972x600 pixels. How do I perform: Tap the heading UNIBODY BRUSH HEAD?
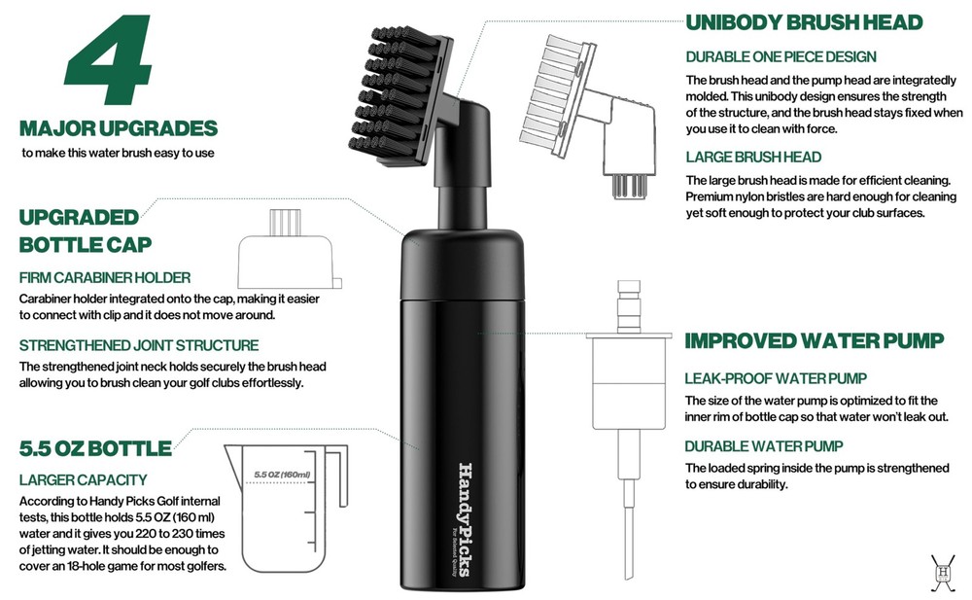pos(804,22)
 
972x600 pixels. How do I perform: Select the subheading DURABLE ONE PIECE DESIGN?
pos(781,57)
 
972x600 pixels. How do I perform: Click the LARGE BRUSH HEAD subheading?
pos(753,157)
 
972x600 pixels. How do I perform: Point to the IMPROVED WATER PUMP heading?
pos(814,340)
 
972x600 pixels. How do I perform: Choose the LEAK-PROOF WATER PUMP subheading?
pos(776,378)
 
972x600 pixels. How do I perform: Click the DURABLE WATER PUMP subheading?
pos(764,446)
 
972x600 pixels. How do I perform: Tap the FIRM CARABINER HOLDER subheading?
pos(105,277)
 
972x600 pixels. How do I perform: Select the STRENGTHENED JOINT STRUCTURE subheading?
pos(139,345)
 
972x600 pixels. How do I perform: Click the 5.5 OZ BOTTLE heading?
pos(95,448)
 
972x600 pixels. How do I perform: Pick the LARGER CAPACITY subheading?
pos(83,479)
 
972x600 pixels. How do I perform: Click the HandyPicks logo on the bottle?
pos(465,519)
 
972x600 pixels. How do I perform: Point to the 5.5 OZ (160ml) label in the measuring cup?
pos(282,475)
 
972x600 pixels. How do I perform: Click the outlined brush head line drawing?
pos(588,115)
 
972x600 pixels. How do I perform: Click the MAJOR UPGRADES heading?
pos(119,128)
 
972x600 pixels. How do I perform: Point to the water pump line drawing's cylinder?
pos(629,383)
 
